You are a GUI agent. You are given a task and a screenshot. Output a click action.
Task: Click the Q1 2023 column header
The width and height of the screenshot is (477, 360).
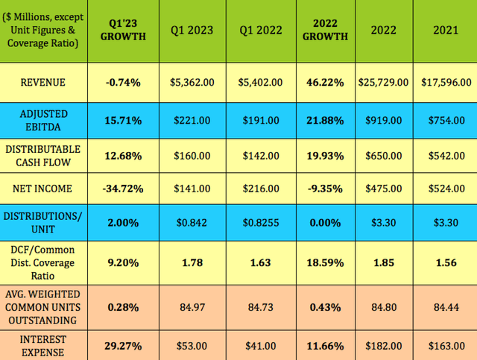(192, 31)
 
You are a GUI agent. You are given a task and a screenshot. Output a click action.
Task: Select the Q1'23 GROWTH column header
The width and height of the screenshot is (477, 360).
(124, 31)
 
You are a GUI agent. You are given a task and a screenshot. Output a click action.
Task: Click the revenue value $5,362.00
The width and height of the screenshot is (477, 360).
(192, 82)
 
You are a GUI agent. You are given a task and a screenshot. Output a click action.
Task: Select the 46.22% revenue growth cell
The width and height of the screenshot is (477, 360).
(325, 82)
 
